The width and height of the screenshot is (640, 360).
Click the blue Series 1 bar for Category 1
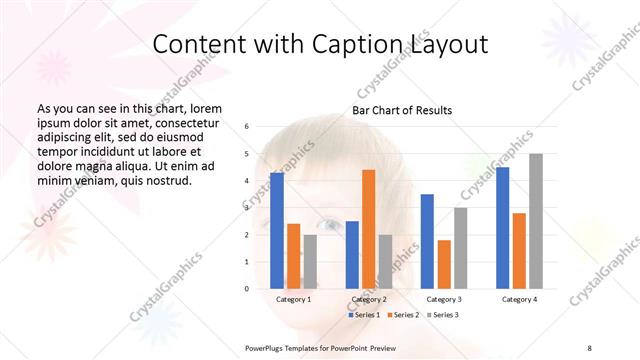coord(276,230)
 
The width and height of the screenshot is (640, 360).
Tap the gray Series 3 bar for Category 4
coord(535,221)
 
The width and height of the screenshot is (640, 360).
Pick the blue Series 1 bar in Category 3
coord(427,241)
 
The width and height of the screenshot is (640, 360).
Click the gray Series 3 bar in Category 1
coord(310,261)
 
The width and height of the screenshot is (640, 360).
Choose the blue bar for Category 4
coord(502,227)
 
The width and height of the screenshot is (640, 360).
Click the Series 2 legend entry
coord(402,315)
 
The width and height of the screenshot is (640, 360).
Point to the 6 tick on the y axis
coord(246,127)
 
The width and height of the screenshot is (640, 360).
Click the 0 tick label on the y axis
coord(246,288)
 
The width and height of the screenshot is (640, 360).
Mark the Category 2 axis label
coord(368,299)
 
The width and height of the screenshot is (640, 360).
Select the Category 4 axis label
coord(518,299)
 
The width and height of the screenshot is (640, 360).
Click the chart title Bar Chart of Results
coord(402,110)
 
